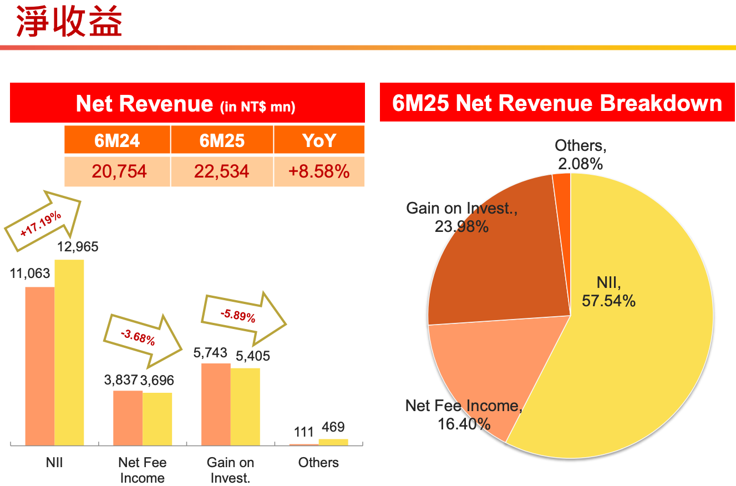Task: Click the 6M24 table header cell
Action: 117,140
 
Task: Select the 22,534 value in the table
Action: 222,171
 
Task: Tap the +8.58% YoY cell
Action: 319,171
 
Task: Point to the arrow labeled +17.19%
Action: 43,220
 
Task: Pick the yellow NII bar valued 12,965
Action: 69,352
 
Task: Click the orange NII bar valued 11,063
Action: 40,366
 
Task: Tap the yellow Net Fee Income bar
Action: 157,419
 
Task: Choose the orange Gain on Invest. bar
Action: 216,404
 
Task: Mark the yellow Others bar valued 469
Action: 333,442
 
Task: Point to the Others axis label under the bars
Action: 318,463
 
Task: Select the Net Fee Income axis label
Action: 143,470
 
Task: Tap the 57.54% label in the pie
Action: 608,301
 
